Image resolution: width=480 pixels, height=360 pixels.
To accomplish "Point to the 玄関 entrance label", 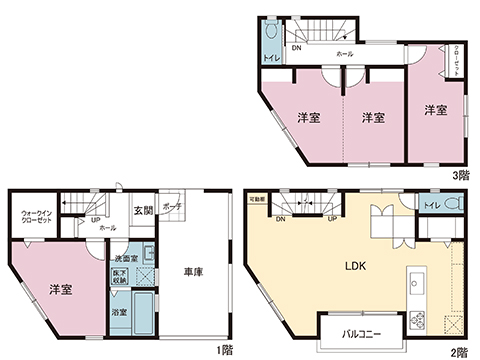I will point(143,212).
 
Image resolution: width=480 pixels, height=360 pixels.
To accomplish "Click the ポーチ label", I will point(171,207).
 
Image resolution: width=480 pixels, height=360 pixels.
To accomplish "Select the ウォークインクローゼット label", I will point(37,217).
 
